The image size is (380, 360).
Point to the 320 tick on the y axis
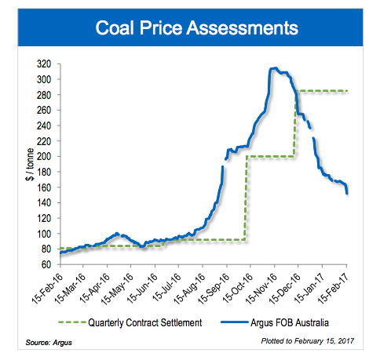tap(48, 64)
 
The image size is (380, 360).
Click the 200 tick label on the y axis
tap(48, 156)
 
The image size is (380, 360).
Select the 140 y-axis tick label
tap(48, 202)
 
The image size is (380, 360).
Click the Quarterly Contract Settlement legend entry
tap(153, 322)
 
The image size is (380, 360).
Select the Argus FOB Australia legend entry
tap(294, 322)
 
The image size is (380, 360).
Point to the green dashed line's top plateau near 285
tap(322, 91)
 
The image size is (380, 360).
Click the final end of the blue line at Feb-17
tap(348, 193)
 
